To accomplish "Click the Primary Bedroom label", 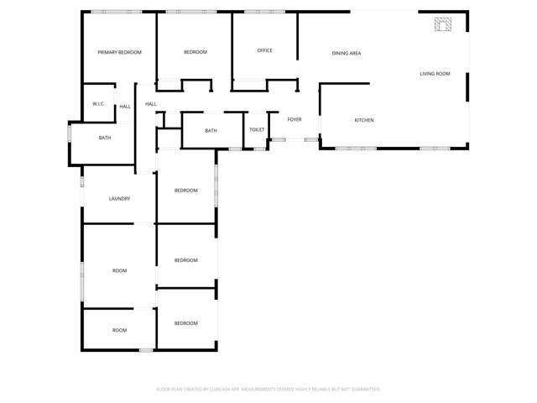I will click(x=119, y=52).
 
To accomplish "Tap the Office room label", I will click(x=264, y=50).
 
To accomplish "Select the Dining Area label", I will click(x=347, y=53).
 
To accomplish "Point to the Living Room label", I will click(x=435, y=74).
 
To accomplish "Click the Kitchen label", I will click(x=363, y=120).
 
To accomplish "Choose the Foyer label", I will click(x=295, y=119).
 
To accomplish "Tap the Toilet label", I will click(x=257, y=130).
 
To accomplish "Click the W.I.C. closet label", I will click(x=98, y=104).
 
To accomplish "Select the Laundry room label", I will click(x=119, y=199).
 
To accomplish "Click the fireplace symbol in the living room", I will click(x=442, y=24).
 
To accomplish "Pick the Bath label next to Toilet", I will click(x=211, y=130).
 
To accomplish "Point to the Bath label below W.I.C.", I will click(x=105, y=138).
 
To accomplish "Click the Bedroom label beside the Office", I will click(x=195, y=52).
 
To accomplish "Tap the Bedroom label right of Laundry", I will click(x=185, y=191).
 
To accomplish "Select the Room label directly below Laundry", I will click(x=119, y=270).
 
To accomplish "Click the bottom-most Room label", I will click(x=119, y=330).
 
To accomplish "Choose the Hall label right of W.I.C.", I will click(x=125, y=107).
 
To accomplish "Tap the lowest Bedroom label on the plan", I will click(x=185, y=323).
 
